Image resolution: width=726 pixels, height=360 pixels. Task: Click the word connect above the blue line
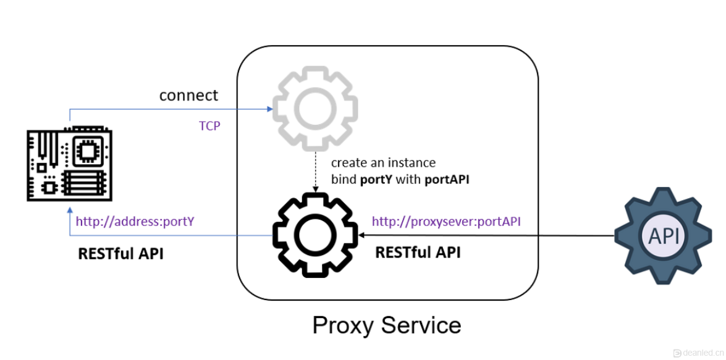[188, 96]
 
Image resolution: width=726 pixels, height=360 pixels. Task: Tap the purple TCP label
[209, 126]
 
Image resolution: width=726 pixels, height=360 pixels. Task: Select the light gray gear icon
[315, 109]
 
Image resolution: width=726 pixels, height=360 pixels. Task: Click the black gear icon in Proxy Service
[315, 236]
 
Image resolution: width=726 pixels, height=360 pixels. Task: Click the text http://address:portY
[135, 221]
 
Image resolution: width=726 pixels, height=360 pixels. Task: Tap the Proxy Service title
[387, 325]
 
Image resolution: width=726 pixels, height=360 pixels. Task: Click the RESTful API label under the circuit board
[120, 253]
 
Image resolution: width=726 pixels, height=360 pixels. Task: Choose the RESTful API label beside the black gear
[418, 252]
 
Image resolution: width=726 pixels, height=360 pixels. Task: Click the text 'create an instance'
[383, 163]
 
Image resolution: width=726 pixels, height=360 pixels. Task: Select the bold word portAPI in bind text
[447, 180]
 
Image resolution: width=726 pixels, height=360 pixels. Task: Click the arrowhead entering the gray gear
[270, 109]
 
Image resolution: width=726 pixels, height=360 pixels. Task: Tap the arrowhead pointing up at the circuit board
[69, 211]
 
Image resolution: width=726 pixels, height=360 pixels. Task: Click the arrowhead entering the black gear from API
[361, 235]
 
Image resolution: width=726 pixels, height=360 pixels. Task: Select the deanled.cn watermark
[698, 353]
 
